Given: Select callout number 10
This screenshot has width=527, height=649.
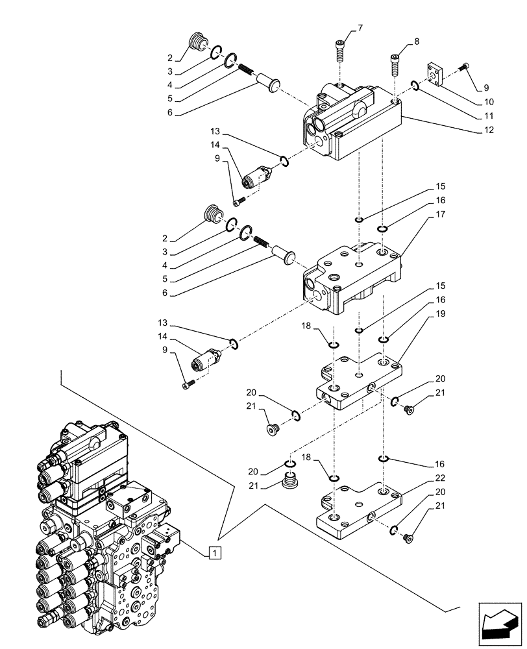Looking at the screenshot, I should tap(488, 102).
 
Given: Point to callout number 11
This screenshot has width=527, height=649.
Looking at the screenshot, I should tap(488, 116).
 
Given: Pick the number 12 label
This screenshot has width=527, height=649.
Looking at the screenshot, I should tap(488, 130).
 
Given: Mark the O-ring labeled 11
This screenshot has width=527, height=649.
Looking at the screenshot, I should tap(414, 84).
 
